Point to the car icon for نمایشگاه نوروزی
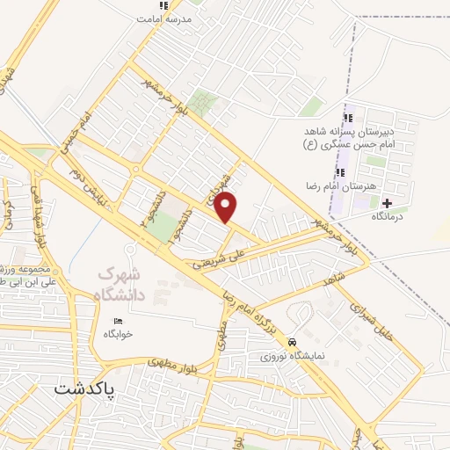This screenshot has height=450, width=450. pyautogui.click(x=293, y=342)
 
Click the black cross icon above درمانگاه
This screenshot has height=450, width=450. pyautogui.click(x=388, y=203)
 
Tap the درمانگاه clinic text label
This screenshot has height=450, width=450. pyautogui.click(x=387, y=216)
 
